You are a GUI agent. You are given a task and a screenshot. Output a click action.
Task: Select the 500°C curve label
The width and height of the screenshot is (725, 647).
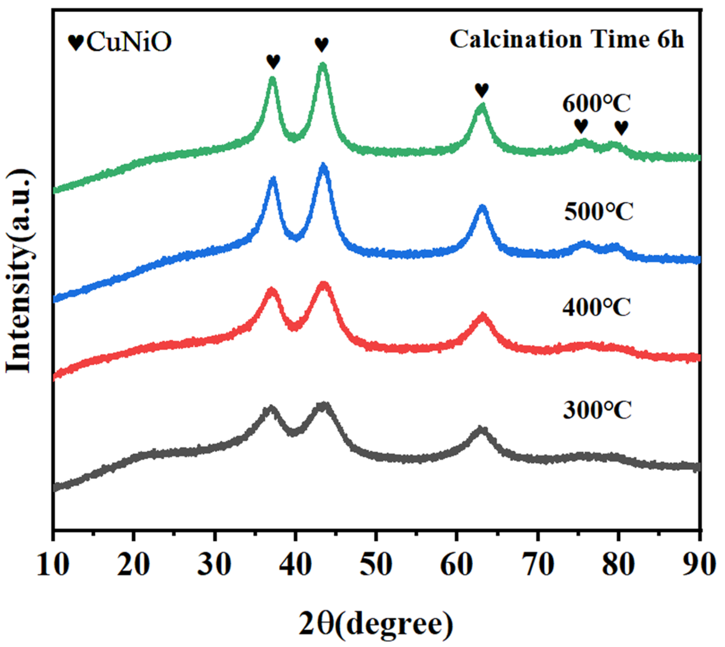[598, 211]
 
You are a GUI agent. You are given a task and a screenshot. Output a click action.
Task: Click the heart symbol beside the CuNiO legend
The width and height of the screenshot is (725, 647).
[76, 43]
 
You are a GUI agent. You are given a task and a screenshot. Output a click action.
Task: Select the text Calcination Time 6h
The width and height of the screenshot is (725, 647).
[566, 39]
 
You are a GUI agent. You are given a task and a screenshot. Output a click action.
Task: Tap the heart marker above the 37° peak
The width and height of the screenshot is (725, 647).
[273, 61]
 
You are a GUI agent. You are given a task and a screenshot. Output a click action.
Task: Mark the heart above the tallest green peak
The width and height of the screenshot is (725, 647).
[322, 45]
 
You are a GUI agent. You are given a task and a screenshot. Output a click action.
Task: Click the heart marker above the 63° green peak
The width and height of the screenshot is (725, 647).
[482, 90]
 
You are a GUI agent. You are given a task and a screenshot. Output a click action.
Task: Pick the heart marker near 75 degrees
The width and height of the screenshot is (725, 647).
[581, 126]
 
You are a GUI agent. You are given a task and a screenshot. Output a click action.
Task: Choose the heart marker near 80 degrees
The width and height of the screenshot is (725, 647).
[621, 128]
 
